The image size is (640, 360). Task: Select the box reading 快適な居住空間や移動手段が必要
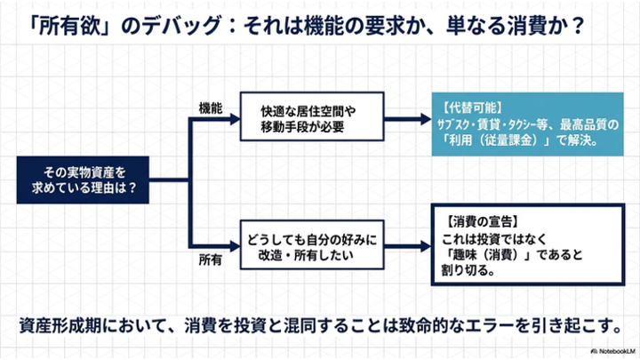click(309, 118)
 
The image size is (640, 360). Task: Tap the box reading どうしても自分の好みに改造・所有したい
click(309, 245)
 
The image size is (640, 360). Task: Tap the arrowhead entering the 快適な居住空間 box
click(233, 119)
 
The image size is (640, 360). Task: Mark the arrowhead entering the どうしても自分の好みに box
click(233, 245)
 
